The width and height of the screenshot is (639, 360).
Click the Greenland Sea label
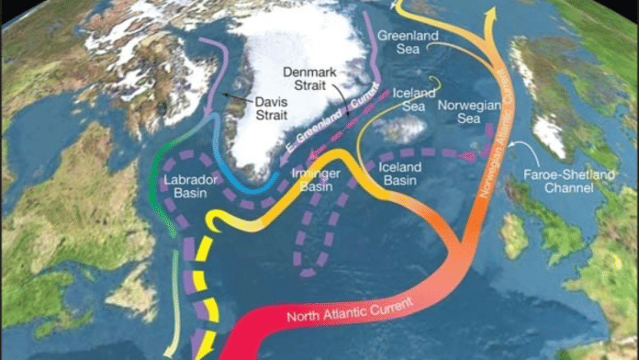(x=409, y=42)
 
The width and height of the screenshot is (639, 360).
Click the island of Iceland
(x=399, y=128)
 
